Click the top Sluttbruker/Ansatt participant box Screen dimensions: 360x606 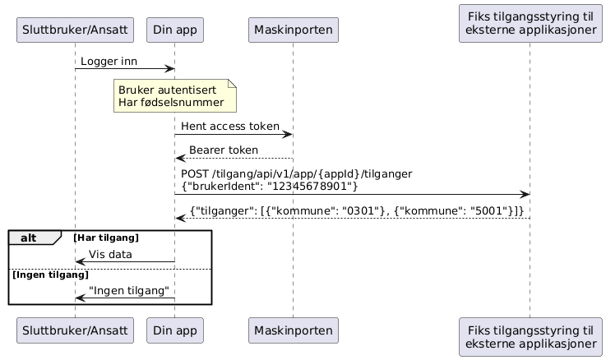[x=75, y=30]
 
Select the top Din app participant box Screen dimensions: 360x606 [x=174, y=30]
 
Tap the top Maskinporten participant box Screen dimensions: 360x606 [x=293, y=30]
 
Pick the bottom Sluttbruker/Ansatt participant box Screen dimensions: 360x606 [x=75, y=330]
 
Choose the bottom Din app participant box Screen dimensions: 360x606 [x=174, y=330]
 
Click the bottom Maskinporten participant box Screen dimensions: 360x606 [x=293, y=330]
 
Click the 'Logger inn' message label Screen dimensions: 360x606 [x=109, y=62]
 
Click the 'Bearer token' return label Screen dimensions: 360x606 [x=223, y=150]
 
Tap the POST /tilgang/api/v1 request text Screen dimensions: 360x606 [x=296, y=173]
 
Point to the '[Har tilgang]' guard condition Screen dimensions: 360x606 [x=105, y=238]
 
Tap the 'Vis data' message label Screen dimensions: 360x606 [x=110, y=254]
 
